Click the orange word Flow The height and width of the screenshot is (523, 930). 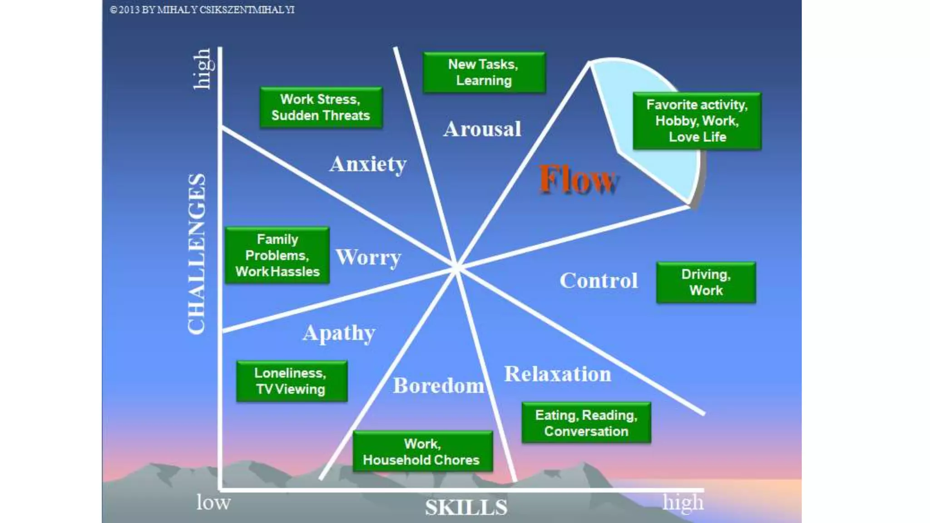pyautogui.click(x=578, y=180)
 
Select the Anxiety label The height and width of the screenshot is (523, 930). pyautogui.click(x=368, y=164)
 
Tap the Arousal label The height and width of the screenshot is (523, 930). pyautogui.click(x=482, y=129)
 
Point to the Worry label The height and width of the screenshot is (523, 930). pyautogui.click(x=368, y=257)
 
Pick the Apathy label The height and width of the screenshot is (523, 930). pyautogui.click(x=339, y=333)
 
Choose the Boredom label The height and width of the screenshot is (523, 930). pyautogui.click(x=439, y=386)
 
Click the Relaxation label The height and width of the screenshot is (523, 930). pyautogui.click(x=558, y=375)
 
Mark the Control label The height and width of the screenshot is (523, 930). pyautogui.click(x=599, y=281)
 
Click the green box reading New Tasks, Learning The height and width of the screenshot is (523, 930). pyautogui.click(x=484, y=73)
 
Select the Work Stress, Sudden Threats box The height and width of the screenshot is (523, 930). pyautogui.click(x=321, y=108)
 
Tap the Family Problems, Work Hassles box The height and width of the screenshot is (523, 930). pyautogui.click(x=277, y=256)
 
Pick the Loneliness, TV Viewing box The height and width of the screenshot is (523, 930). pyautogui.click(x=292, y=381)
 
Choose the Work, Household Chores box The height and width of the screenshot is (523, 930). pyautogui.click(x=422, y=452)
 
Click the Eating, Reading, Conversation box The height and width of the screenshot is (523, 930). pyautogui.click(x=586, y=423)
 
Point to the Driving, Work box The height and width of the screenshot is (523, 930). pyautogui.click(x=706, y=282)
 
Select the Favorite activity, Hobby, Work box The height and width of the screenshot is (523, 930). pyautogui.click(x=697, y=121)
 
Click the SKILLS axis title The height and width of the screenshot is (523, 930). pyautogui.click(x=466, y=508)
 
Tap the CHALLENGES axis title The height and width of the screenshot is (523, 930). pyautogui.click(x=197, y=254)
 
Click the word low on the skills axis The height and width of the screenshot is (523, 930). pyautogui.click(x=213, y=503)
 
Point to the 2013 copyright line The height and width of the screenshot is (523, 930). pyautogui.click(x=203, y=10)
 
